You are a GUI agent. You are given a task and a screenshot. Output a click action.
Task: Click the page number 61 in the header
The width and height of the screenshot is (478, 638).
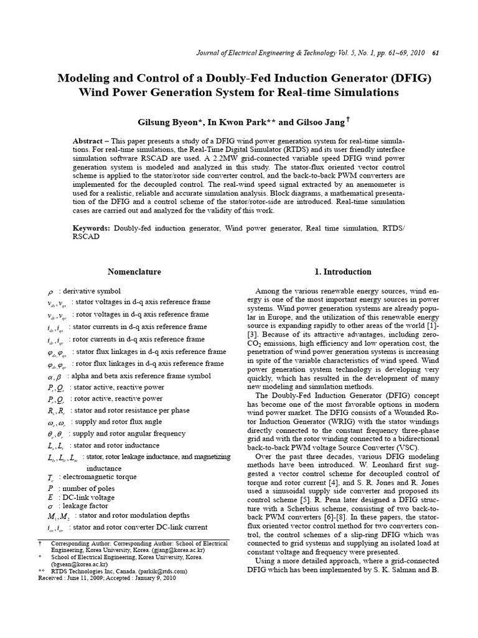tap(436, 53)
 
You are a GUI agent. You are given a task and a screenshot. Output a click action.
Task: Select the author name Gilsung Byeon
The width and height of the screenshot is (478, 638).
tap(178, 120)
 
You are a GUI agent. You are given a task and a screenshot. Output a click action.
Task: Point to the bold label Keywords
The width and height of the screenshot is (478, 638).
tap(91, 229)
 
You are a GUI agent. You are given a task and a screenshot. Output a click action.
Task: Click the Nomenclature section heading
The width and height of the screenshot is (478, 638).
tap(134, 272)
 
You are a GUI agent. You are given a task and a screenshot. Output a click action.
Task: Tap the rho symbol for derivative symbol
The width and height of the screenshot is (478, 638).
tap(50, 292)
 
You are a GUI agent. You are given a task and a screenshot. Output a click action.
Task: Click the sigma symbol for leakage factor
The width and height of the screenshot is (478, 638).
tap(50, 507)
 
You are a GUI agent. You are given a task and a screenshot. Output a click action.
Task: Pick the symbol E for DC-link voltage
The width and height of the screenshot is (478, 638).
tap(50, 497)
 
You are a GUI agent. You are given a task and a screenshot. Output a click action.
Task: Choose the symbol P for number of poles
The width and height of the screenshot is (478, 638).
tap(50, 487)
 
